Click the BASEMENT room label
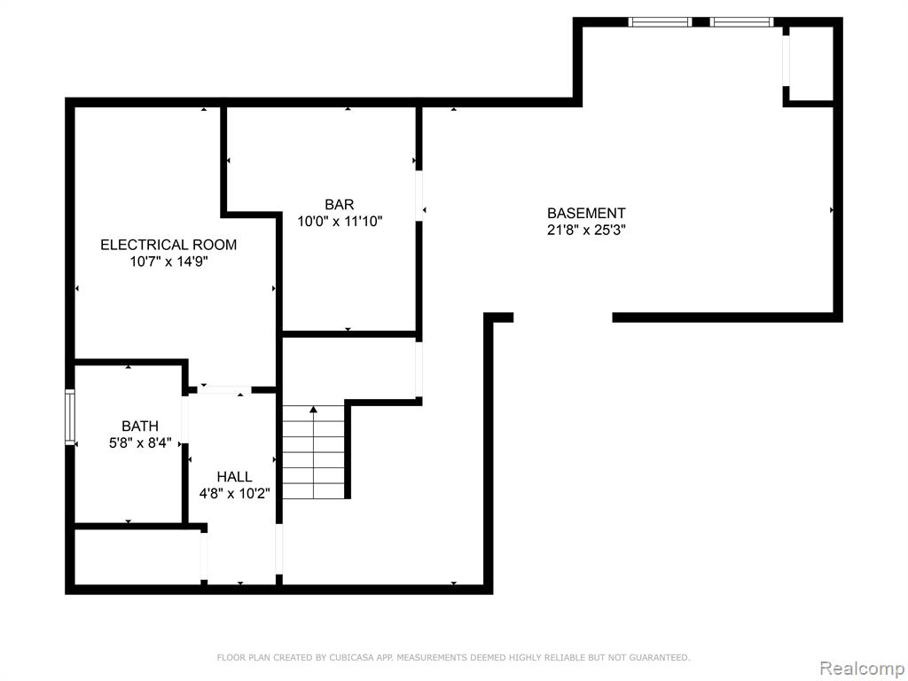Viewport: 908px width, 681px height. (586, 213)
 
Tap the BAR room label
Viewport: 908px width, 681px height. (340, 205)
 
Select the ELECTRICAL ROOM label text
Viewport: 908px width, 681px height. (168, 245)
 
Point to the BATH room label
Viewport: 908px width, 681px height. (140, 427)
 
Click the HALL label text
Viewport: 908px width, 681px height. (234, 476)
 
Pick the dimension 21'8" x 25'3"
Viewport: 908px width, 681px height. (586, 230)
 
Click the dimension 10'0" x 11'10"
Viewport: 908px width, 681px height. (340, 221)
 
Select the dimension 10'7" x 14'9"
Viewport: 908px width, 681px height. (168, 262)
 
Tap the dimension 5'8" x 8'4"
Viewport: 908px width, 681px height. (140, 443)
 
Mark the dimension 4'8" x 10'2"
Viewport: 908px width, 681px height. (234, 493)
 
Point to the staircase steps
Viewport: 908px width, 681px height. (313, 452)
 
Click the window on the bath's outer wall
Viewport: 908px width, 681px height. (70, 417)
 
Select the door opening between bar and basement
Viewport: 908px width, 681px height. (419, 195)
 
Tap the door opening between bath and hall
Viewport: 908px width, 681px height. (185, 420)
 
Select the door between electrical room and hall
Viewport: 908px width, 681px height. (224, 390)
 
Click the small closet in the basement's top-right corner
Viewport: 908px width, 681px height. (810, 62)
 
